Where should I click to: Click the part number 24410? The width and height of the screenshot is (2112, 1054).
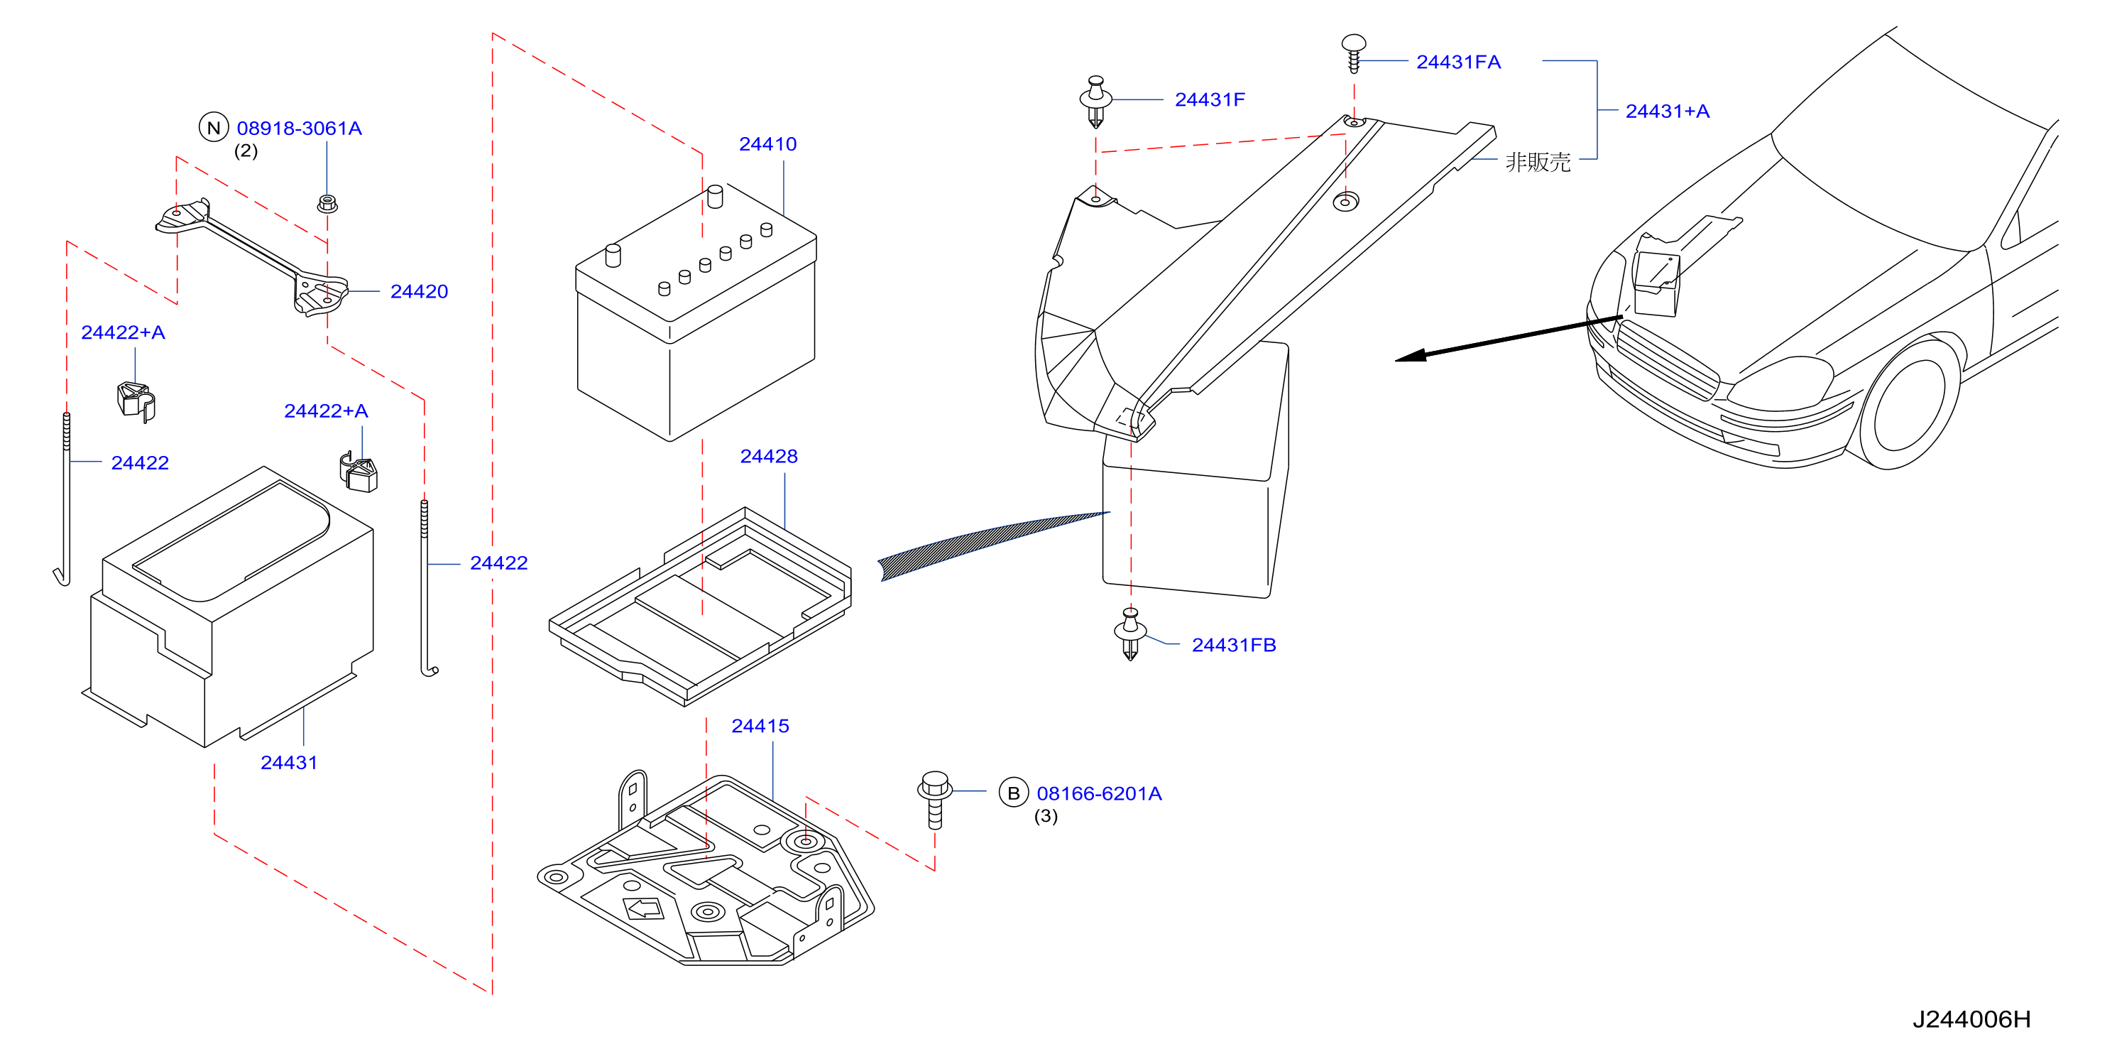(767, 144)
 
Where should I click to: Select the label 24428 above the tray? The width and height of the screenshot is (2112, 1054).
(768, 456)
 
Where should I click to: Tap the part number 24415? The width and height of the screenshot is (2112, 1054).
(760, 726)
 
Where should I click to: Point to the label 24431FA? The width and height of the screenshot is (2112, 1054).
(1459, 63)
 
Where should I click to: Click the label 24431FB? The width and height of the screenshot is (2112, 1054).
(1234, 646)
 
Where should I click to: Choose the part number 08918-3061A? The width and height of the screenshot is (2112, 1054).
(300, 129)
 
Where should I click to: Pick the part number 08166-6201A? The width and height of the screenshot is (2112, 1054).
(1100, 794)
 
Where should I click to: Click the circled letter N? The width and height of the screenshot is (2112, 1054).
(214, 128)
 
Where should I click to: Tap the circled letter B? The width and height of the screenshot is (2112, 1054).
(1013, 793)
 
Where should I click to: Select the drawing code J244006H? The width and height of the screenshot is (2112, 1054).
(1972, 1019)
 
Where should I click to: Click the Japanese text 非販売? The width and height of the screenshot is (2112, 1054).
(1538, 162)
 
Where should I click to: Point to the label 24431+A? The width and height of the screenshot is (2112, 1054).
(1668, 112)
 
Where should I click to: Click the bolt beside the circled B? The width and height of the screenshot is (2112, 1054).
(935, 800)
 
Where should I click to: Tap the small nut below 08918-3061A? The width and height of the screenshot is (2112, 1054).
(327, 202)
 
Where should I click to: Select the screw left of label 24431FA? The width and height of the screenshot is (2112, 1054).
(1354, 53)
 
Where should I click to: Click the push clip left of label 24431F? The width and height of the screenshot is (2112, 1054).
(1095, 102)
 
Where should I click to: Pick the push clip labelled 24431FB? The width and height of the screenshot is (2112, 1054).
(1129, 634)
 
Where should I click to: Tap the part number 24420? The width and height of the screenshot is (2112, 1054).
(419, 292)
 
